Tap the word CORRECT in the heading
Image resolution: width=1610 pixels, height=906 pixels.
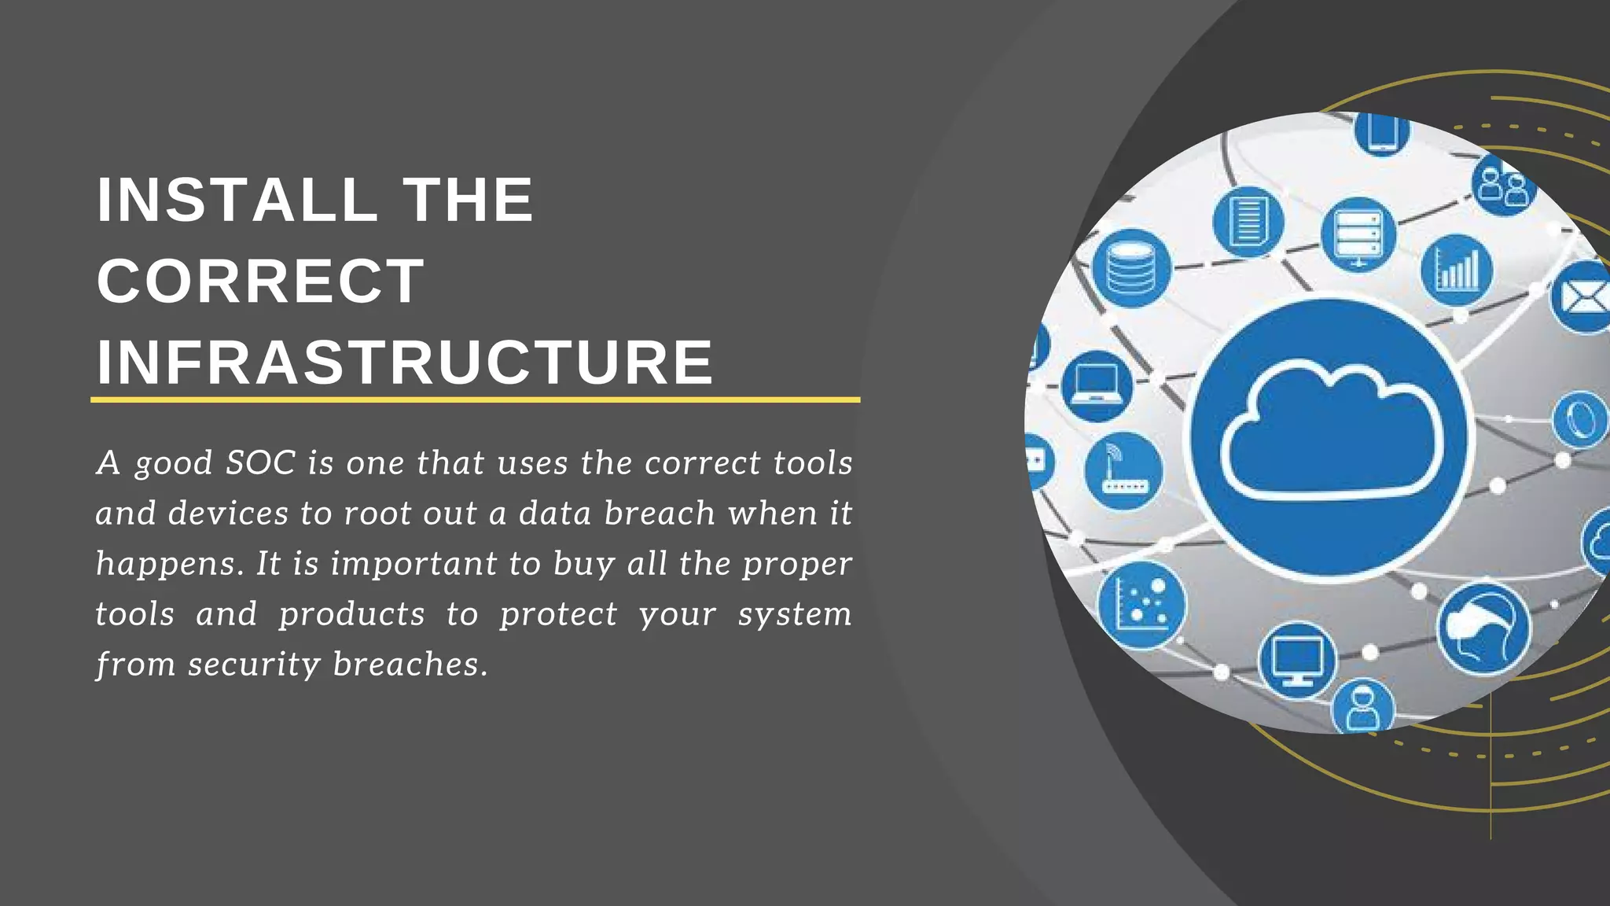pyautogui.click(x=260, y=281)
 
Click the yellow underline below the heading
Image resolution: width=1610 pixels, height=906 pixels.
pyautogui.click(x=475, y=400)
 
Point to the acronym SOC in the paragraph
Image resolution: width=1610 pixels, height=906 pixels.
pyautogui.click(x=260, y=462)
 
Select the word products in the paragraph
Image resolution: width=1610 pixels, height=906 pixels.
pyautogui.click(x=351, y=614)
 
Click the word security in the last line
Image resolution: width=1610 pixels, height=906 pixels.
pyautogui.click(x=254, y=665)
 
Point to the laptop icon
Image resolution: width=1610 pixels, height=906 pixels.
pyautogui.click(x=1097, y=385)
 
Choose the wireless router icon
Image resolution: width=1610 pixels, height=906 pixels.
pyautogui.click(x=1123, y=470)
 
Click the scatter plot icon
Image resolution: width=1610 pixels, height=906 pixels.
pyautogui.click(x=1141, y=605)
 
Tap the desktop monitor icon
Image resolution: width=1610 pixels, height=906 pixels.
pyautogui.click(x=1296, y=659)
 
